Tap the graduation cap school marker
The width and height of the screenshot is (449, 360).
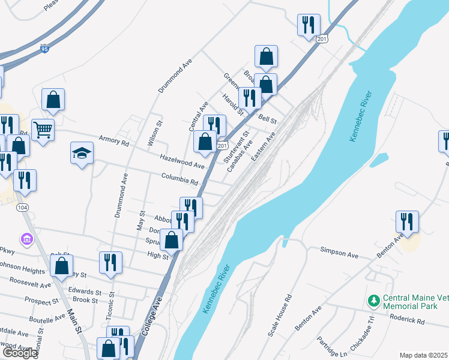(82, 154)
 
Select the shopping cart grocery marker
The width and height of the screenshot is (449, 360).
(43, 129)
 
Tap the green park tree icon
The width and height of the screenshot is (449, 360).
(374, 299)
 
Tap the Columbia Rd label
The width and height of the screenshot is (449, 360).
(179, 178)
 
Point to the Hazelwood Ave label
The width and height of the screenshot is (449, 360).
(182, 160)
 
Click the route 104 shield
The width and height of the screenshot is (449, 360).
(23, 207)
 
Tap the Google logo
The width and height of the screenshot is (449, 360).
(19, 352)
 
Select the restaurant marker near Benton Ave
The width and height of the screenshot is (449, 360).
(407, 221)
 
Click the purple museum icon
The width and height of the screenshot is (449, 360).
(26, 240)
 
